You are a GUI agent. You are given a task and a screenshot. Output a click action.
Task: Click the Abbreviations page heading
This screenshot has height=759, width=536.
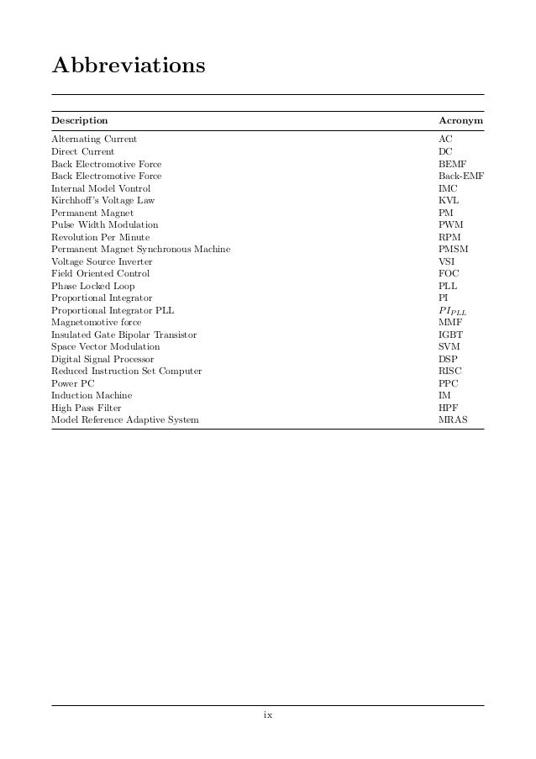pos(128,65)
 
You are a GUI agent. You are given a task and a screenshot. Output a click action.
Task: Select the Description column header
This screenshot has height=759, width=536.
pos(80,121)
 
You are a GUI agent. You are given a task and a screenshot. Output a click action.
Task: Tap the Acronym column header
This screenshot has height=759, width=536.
pos(461,121)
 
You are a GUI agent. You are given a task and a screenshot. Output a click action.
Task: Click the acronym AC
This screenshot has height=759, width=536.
pos(445,139)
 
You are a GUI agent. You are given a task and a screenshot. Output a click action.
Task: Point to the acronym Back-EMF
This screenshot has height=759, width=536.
pos(461,177)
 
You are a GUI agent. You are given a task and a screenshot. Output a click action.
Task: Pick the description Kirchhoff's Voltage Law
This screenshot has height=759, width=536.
pos(103,201)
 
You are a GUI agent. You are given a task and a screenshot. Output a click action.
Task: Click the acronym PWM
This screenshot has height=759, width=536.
pos(450,225)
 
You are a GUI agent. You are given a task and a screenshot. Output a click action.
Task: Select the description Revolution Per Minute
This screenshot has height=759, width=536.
pos(101,238)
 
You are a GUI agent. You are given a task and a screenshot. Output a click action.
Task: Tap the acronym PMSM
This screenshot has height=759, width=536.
pos(453,250)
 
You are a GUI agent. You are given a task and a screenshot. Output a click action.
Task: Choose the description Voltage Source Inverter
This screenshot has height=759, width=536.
pos(102,262)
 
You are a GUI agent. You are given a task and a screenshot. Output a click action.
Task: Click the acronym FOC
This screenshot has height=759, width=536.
pos(449,274)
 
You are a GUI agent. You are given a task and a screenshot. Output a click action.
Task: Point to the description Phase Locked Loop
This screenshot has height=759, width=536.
pos(92,287)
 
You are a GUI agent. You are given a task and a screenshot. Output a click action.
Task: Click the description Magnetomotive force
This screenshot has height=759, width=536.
pos(96,323)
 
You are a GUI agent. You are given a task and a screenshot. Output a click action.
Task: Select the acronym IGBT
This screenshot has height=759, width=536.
pos(451,335)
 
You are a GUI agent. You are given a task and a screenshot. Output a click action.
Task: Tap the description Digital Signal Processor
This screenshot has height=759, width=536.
pos(102,359)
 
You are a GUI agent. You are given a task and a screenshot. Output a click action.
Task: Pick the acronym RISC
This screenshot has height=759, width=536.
pos(450,371)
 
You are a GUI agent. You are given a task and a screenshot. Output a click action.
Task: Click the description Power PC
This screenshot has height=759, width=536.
pos(72,383)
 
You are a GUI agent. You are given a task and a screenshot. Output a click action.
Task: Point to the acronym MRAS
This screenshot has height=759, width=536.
pos(453,419)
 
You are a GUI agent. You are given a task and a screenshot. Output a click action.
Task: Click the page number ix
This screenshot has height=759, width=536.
pos(268,715)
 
